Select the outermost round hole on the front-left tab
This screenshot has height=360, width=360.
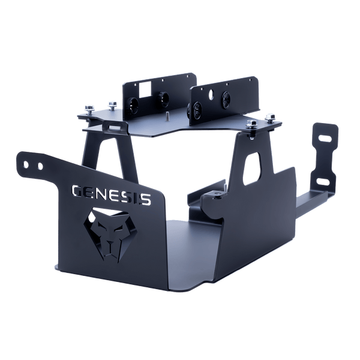[26, 164]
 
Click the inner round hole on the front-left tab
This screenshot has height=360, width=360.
[40, 166]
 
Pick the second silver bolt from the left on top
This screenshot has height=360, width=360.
[112, 104]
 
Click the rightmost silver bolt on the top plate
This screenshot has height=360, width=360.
[271, 118]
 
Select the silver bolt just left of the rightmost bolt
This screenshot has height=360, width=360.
[251, 124]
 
